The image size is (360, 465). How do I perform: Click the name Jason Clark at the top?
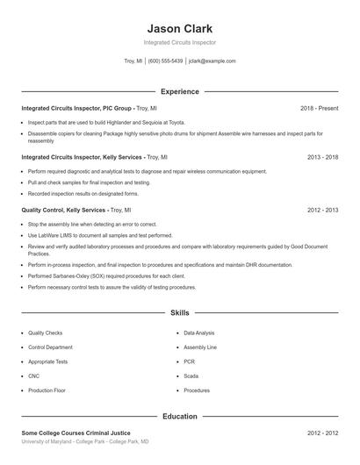click(x=180, y=28)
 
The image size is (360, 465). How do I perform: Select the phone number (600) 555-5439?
click(x=165, y=61)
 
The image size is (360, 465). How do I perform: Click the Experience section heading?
click(x=180, y=91)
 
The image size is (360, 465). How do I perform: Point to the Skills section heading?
click(x=180, y=312)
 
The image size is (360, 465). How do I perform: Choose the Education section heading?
click(x=180, y=417)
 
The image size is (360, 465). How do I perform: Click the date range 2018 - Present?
click(x=320, y=108)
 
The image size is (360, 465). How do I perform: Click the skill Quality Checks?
click(x=45, y=333)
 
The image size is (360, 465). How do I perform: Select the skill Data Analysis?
click(x=199, y=333)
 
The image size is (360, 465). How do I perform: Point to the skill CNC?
click(x=33, y=376)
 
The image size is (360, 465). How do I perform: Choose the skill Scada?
click(x=191, y=376)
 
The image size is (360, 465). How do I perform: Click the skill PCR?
click(x=190, y=361)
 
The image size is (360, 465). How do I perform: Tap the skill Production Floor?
click(x=47, y=390)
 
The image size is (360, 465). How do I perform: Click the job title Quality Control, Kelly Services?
click(x=63, y=211)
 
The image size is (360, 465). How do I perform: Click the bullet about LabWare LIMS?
click(x=100, y=236)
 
